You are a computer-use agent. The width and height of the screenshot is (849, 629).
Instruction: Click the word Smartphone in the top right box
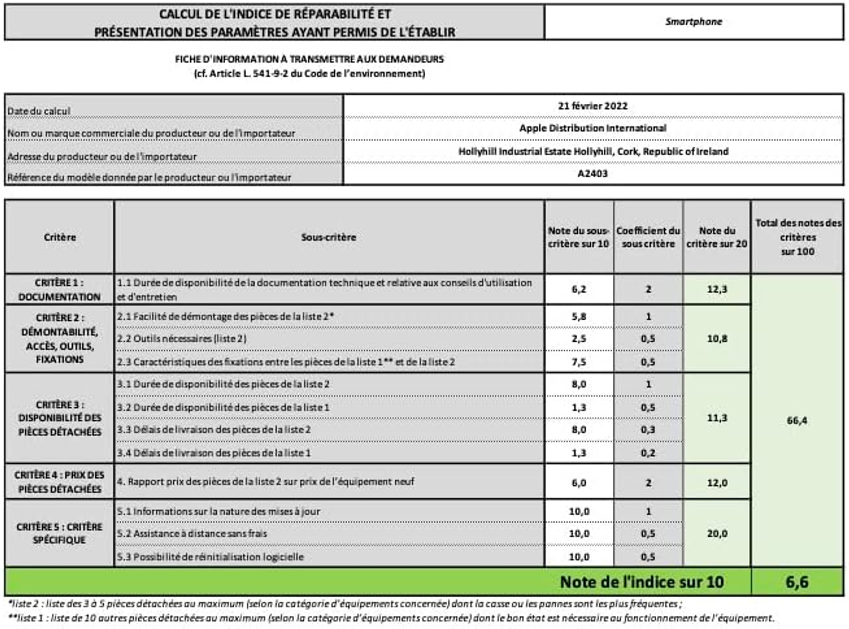point(693,21)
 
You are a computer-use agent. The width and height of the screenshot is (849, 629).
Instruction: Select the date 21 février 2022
point(592,106)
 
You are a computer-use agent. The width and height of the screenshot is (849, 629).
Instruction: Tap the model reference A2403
point(592,173)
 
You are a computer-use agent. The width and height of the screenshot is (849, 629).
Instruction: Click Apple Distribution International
point(592,128)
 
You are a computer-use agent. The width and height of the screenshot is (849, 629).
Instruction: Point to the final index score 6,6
point(797,582)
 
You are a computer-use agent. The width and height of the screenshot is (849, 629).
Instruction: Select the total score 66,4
point(797,420)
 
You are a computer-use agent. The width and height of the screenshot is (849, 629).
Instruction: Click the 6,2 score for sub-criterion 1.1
point(579,289)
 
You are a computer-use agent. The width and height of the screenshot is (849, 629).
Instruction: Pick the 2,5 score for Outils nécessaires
point(579,339)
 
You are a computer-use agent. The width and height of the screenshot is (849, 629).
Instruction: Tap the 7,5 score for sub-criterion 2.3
point(579,362)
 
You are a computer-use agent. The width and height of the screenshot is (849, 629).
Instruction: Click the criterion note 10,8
point(716,339)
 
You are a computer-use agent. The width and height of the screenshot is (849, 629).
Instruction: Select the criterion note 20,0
point(716,534)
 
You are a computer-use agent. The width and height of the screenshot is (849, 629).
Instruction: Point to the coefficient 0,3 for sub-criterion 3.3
point(648,430)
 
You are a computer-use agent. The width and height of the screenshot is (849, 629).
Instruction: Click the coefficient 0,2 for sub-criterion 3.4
point(648,453)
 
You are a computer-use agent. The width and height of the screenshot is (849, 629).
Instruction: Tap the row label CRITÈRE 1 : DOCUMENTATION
point(59,289)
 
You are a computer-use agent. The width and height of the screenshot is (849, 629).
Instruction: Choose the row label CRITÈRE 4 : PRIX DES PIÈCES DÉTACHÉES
point(59,482)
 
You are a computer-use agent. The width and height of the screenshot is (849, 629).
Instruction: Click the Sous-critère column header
point(328,237)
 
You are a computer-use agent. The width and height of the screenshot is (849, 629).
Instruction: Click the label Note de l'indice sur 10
point(642,582)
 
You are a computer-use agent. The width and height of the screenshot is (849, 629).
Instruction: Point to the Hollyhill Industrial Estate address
point(593,151)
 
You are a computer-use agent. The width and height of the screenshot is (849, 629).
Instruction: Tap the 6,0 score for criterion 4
point(579,483)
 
